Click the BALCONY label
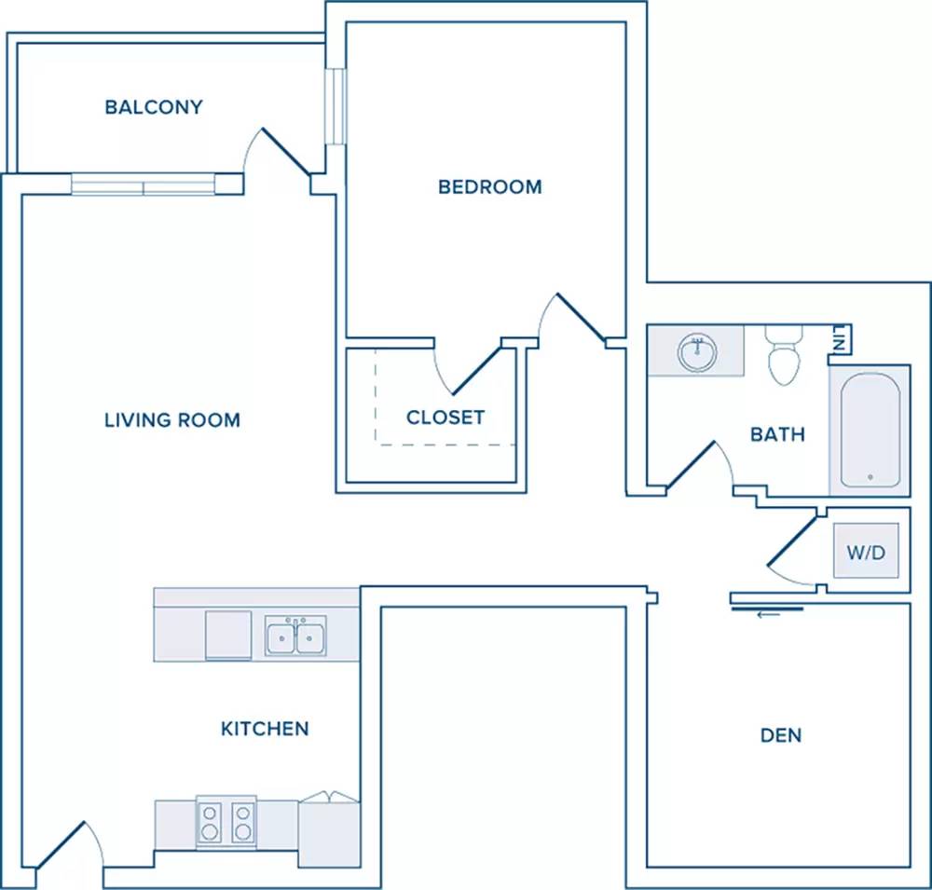pyautogui.click(x=154, y=107)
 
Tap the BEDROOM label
pyautogui.click(x=490, y=186)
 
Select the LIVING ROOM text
pyautogui.click(x=172, y=420)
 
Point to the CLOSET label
pyautogui.click(x=445, y=418)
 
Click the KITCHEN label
pyautogui.click(x=265, y=728)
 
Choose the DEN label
pyautogui.click(x=781, y=735)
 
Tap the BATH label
pyautogui.click(x=777, y=434)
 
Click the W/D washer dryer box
pyautogui.click(x=866, y=551)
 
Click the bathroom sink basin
pyautogui.click(x=697, y=352)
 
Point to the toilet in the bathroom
pyautogui.click(x=784, y=355)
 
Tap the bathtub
pyautogui.click(x=870, y=431)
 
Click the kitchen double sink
pyautogui.click(x=295, y=637)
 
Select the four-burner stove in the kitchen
pyautogui.click(x=226, y=822)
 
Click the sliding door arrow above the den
pyautogui.click(x=768, y=615)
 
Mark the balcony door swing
pyautogui.click(x=277, y=152)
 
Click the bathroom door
pyautogui.click(x=691, y=467)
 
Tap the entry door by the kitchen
pyautogui.click(x=61, y=844)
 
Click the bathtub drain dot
pyautogui.click(x=870, y=477)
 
